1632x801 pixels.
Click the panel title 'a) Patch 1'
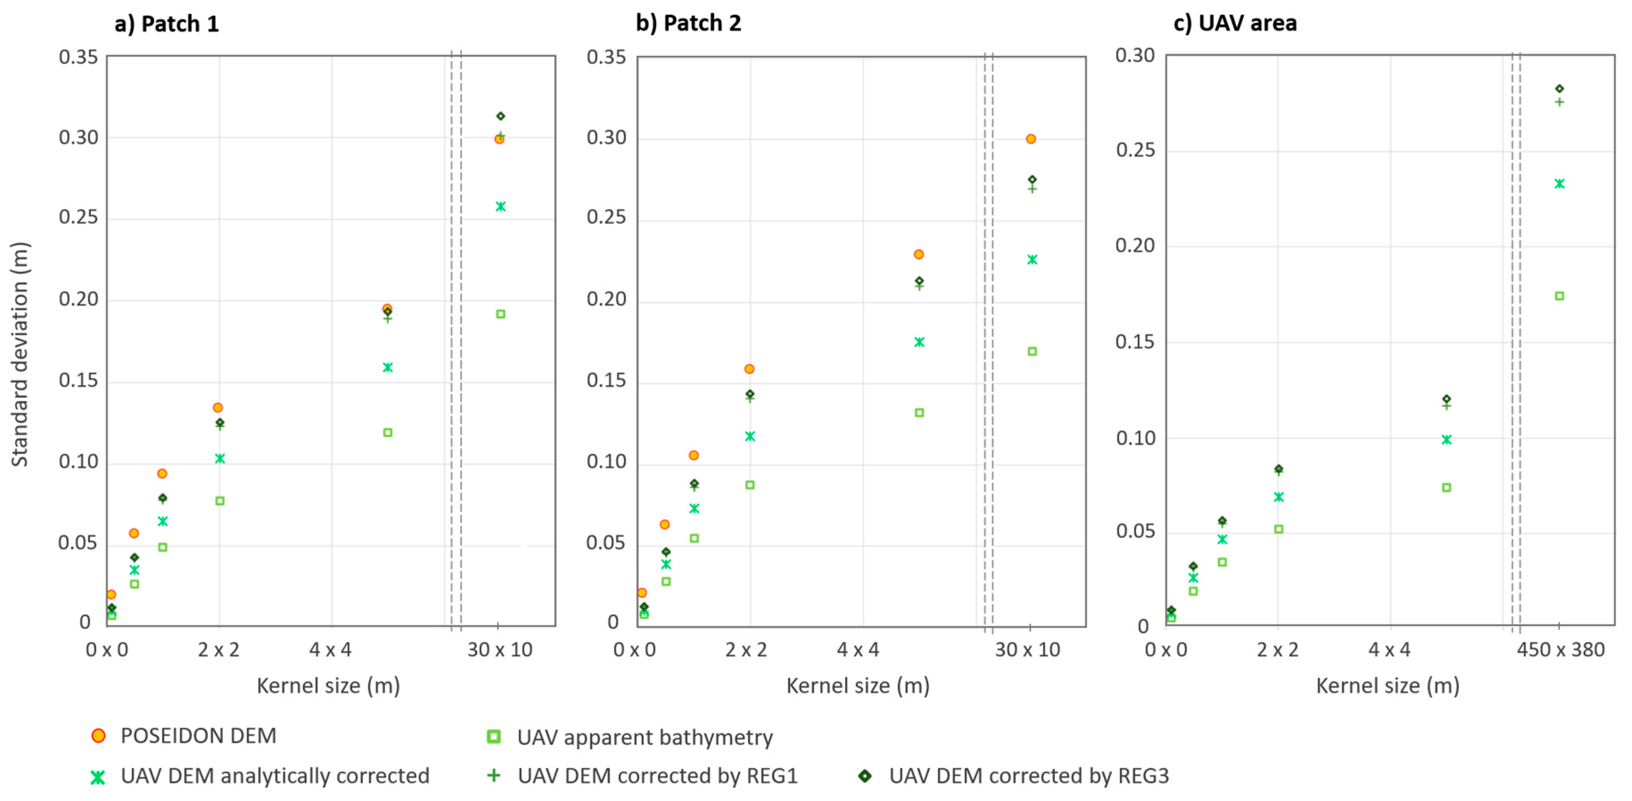click(x=166, y=24)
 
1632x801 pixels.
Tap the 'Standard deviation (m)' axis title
click(x=20, y=354)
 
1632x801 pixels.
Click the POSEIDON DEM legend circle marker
click(x=98, y=736)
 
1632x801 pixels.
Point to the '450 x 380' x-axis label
click(x=1560, y=650)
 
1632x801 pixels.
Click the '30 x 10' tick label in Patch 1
click(x=499, y=650)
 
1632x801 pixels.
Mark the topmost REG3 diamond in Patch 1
click(x=501, y=116)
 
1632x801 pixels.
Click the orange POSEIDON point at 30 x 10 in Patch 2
click(x=1031, y=139)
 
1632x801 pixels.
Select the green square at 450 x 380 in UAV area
click(x=1559, y=296)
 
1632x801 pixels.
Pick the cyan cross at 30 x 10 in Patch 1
click(x=501, y=206)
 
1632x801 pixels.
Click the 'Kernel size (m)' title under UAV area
click(x=1387, y=685)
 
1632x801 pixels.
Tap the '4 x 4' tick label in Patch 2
click(x=858, y=650)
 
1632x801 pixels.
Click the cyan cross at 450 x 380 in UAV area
click(x=1559, y=184)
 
